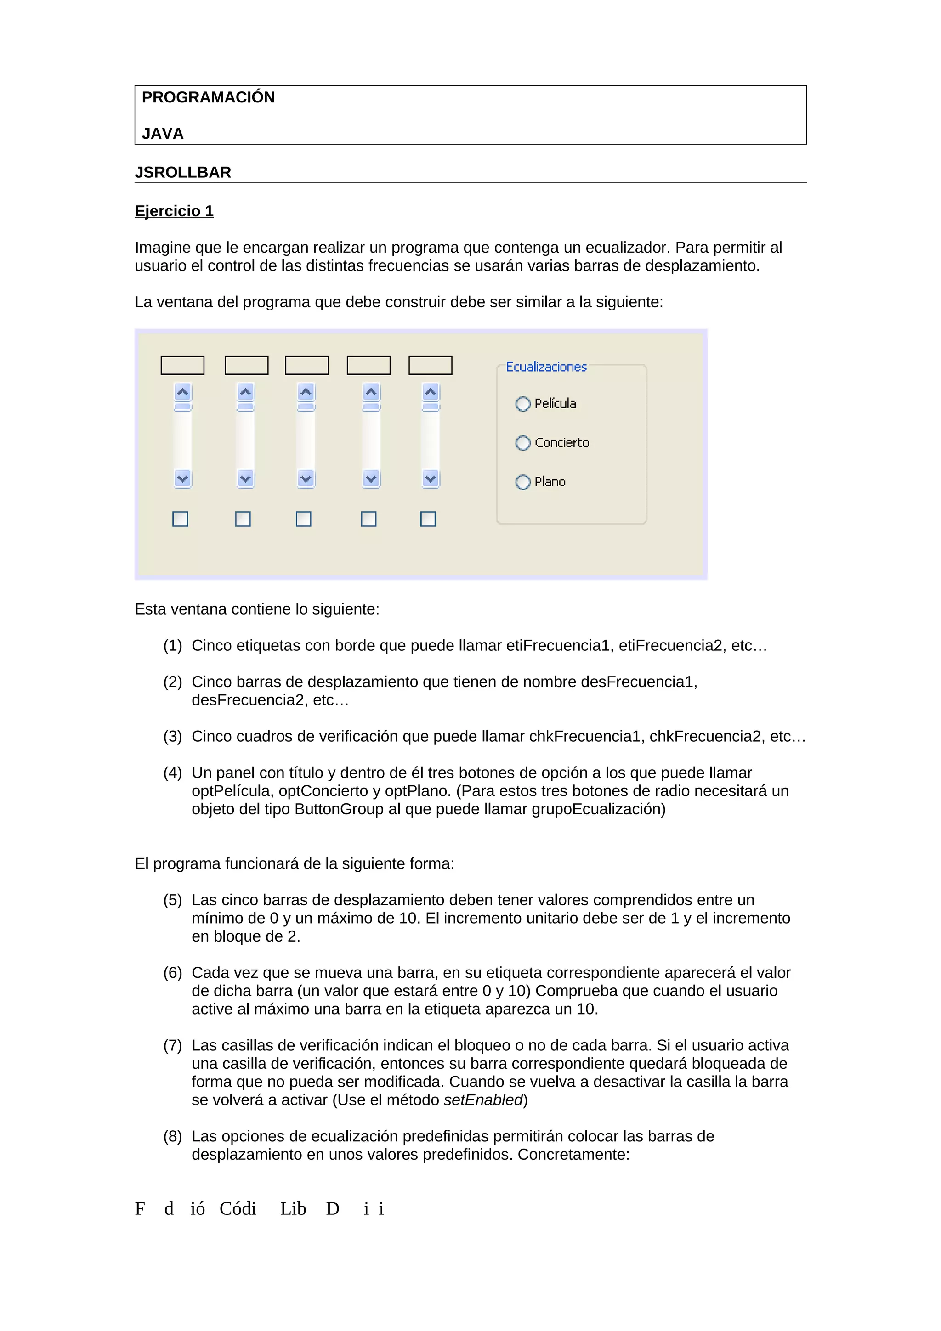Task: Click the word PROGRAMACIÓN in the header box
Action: coord(208,97)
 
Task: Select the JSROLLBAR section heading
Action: coord(182,173)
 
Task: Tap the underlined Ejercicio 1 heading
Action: coord(174,211)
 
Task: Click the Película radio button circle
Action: coord(522,404)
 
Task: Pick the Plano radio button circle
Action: coord(522,482)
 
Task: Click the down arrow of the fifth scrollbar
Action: coord(430,479)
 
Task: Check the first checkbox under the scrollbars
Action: coord(180,519)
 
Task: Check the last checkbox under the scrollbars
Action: coord(428,519)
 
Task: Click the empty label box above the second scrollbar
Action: coord(246,366)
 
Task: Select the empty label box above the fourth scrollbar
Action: coord(369,366)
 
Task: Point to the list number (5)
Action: coord(172,900)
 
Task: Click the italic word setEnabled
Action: coord(483,1100)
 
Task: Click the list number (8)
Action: coord(172,1137)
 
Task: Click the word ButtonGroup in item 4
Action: coord(339,809)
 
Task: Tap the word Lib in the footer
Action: coord(293,1209)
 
